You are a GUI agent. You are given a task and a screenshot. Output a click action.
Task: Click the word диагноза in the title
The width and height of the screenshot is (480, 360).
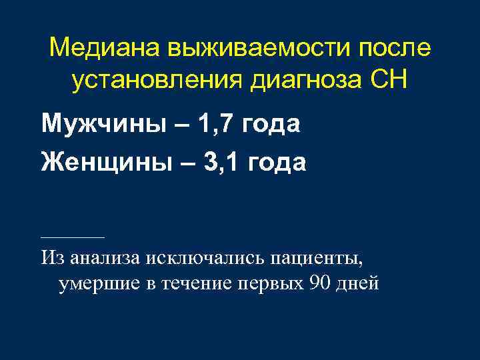coord(308,81)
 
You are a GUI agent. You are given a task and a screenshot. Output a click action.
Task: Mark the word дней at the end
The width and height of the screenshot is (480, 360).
coord(358,284)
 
